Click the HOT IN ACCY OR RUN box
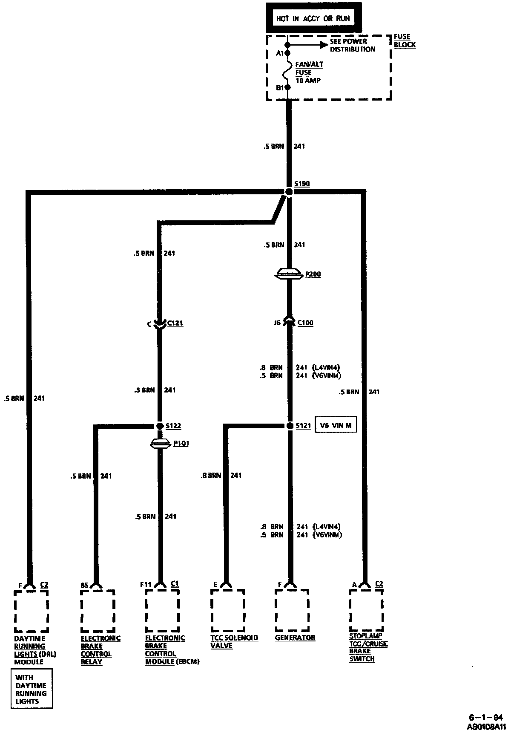coord(313,18)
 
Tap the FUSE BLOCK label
coord(404,40)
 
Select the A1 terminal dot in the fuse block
coord(288,53)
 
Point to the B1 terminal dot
coord(288,87)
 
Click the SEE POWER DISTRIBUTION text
coord(352,45)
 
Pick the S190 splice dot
coord(289,192)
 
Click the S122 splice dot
coord(160,426)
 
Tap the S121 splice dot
coord(289,426)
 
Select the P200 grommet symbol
coord(289,274)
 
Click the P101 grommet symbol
coord(160,444)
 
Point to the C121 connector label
coord(175,323)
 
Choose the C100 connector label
coord(305,323)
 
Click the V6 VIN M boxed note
coord(336,425)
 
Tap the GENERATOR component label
coord(295,638)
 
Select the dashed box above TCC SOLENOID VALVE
coord(228,610)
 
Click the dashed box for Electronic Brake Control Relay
coord(98,611)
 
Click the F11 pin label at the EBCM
coord(146,585)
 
